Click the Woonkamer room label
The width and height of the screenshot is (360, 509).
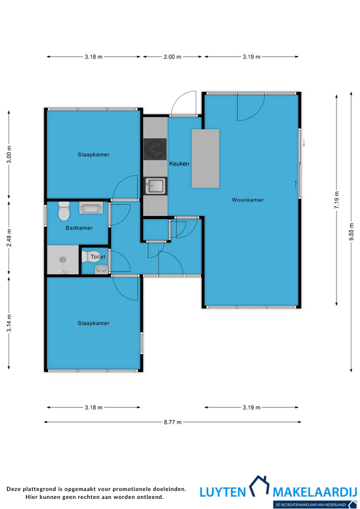[248, 200]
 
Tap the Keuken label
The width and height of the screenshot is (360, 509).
[179, 164]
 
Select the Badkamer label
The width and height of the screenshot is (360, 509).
[79, 228]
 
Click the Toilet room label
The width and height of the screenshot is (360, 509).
[98, 257]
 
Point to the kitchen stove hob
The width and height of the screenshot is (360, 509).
[155, 150]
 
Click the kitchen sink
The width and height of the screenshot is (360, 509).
[155, 186]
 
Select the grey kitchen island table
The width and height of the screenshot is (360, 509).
[206, 159]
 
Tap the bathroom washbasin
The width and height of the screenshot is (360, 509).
[91, 208]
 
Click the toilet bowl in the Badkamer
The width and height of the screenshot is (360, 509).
[64, 211]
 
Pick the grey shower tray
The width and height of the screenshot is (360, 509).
[63, 260]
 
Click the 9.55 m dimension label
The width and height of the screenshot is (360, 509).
[351, 232]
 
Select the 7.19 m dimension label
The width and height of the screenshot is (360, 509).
[337, 200]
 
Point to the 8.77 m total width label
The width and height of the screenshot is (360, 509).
[173, 422]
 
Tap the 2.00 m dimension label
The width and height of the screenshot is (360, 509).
[172, 57]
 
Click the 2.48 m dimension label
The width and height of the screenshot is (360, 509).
[9, 238]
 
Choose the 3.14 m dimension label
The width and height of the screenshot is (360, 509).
[9, 323]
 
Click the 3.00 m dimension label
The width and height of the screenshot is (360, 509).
[9, 154]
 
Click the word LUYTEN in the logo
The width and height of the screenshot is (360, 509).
[223, 492]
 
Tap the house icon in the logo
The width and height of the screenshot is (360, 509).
[259, 486]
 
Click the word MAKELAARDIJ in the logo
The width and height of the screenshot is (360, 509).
[315, 492]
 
